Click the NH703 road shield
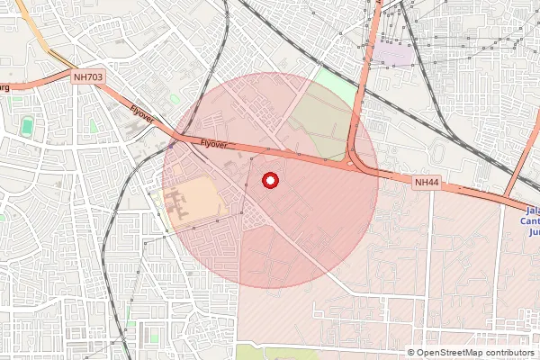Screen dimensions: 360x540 coord(88,78)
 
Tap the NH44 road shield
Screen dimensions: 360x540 coord(427,183)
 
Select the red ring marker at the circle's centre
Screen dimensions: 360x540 coord(269,181)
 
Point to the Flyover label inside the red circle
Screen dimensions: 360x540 coord(213,144)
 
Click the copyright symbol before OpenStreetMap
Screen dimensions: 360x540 coord(411,353)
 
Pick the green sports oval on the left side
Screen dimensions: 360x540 coord(28,126)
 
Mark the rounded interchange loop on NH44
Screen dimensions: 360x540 coord(359,162)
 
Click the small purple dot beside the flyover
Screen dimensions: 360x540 coord(171,143)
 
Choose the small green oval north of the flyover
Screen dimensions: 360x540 coord(174,97)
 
